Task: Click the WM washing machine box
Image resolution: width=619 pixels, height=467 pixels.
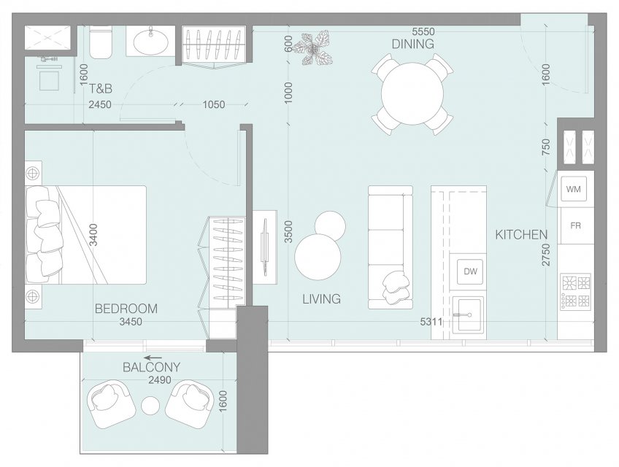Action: click(573, 189)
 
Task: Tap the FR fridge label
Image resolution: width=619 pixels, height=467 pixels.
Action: click(575, 225)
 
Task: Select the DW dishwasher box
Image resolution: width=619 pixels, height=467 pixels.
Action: click(470, 271)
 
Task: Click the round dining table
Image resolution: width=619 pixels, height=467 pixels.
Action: click(412, 94)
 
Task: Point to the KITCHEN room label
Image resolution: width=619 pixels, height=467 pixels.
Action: click(521, 235)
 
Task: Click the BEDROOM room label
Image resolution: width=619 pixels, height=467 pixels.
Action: click(126, 309)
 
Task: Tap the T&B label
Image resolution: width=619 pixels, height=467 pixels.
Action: click(100, 89)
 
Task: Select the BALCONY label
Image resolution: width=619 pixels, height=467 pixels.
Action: click(152, 368)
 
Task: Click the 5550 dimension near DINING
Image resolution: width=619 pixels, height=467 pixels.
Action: click(423, 31)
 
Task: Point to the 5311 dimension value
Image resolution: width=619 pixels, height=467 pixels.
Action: click(431, 322)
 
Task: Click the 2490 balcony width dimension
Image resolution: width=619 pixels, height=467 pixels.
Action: click(160, 379)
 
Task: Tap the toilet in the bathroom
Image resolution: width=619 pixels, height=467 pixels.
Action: click(101, 42)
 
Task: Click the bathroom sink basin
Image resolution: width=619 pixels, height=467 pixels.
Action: click(150, 41)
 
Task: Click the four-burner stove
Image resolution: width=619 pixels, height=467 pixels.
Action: click(575, 292)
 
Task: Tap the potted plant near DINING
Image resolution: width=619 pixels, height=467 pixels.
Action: click(315, 48)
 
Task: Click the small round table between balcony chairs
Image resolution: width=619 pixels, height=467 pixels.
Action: click(150, 406)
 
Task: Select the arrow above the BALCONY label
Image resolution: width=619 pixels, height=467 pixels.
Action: click(153, 358)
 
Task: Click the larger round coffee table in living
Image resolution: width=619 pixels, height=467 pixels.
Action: click(318, 257)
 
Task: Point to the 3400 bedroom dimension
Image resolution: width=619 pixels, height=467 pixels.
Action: click(93, 235)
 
